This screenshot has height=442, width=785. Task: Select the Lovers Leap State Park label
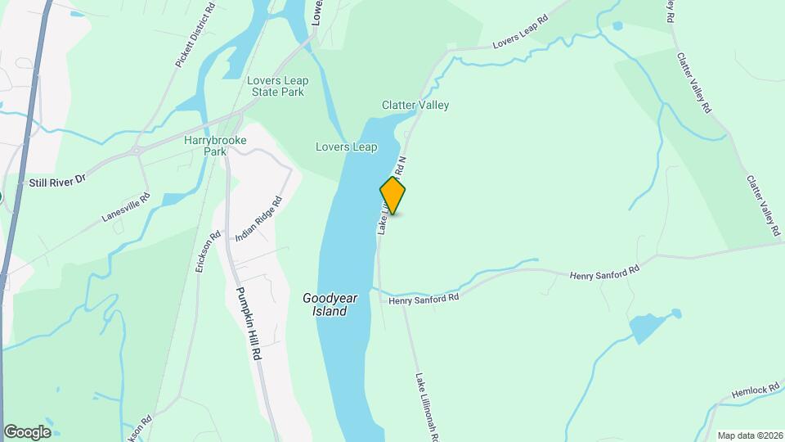coord(277,86)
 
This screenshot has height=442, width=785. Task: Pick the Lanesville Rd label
coord(127,207)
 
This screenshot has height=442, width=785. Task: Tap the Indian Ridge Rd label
coord(258,219)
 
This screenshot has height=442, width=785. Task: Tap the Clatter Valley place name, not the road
coord(415,106)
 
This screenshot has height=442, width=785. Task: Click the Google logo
coord(27,432)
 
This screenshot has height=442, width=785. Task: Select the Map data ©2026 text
coord(749,435)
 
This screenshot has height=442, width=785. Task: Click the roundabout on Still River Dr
coord(138,151)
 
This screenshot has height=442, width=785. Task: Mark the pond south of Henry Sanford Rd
coord(648,327)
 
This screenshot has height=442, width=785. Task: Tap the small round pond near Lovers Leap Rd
coord(617,25)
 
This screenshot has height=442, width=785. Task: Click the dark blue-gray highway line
coord(25,139)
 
